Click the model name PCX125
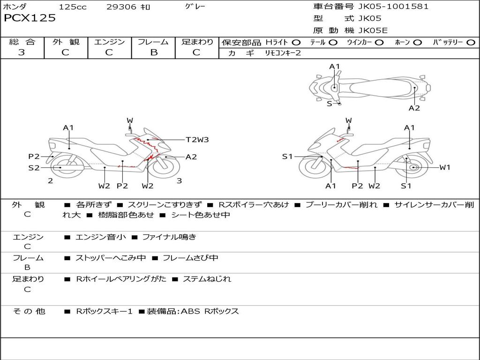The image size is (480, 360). (x=30, y=18)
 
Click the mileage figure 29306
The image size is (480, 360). (x=122, y=7)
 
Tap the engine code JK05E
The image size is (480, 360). (x=373, y=31)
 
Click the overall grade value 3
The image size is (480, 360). (x=22, y=52)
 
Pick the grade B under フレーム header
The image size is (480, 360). (x=153, y=52)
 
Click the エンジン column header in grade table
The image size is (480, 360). (x=109, y=42)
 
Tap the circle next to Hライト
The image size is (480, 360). (x=296, y=43)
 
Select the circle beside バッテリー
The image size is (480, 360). (x=471, y=43)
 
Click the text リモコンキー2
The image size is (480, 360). (x=283, y=53)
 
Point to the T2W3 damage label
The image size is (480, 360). (x=197, y=140)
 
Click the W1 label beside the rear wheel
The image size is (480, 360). (x=444, y=167)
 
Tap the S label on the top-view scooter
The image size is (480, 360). (x=329, y=104)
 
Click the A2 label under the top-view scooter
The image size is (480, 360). (x=414, y=108)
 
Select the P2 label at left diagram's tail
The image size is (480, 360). (x=34, y=157)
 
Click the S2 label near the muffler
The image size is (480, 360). (x=34, y=167)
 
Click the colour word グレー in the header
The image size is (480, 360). (x=195, y=7)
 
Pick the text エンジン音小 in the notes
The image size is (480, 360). (x=101, y=237)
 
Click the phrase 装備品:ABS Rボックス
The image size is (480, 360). (x=193, y=311)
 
